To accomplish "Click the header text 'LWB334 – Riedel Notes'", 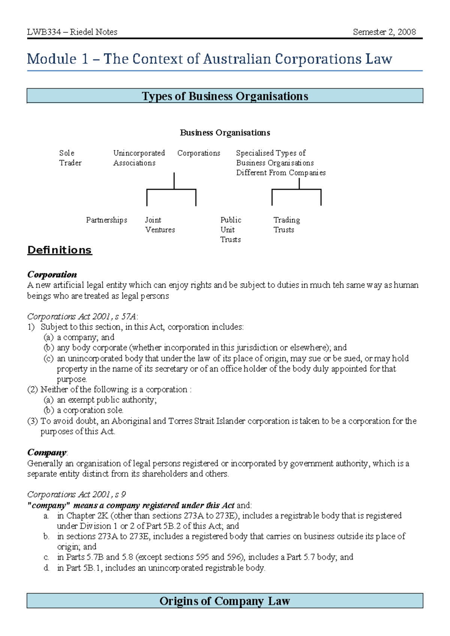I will pyautogui.click(x=72, y=32).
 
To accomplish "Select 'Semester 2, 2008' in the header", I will pyautogui.click(x=384, y=32).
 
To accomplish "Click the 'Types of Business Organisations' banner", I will pyautogui.click(x=225, y=96).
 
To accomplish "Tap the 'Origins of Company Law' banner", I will pyautogui.click(x=225, y=601).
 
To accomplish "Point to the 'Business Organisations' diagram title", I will pyautogui.click(x=225, y=133).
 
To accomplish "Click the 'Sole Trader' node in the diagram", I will pyautogui.click(x=70, y=158).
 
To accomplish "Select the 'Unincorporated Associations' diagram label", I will pyautogui.click(x=139, y=158).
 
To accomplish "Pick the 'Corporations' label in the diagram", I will pyautogui.click(x=198, y=153).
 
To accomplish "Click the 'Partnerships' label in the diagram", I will pyautogui.click(x=106, y=220).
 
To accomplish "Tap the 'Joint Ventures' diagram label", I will pyautogui.click(x=159, y=225).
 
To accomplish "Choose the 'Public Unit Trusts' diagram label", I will pyautogui.click(x=230, y=229).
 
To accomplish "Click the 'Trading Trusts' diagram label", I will pyautogui.click(x=286, y=225).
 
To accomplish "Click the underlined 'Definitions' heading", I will pyautogui.click(x=60, y=250).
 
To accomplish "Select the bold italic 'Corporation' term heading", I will pyautogui.click(x=52, y=274).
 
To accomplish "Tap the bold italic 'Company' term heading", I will pyautogui.click(x=47, y=453).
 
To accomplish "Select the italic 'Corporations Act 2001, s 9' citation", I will pyautogui.click(x=76, y=495).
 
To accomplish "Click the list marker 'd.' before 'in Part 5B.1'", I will pyautogui.click(x=46, y=568).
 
